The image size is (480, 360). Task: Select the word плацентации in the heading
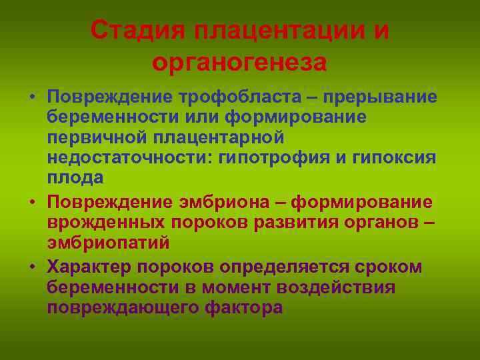coord(277,31)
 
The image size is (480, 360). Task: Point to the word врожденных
coord(101,221)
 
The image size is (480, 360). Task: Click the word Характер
coord(99,267)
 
